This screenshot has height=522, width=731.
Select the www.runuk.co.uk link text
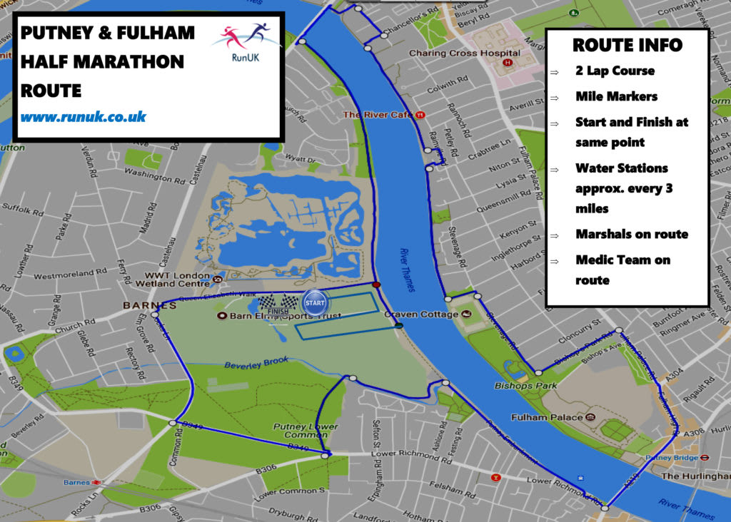coord(84,116)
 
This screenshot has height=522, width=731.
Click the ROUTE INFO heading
coord(627,46)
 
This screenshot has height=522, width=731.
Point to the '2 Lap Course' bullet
coord(615,71)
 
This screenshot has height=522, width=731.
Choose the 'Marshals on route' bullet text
coord(631,234)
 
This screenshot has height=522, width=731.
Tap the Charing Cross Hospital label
coord(464,53)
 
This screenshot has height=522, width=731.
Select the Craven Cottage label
coord(422,314)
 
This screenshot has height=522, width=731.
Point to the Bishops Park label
coord(520,386)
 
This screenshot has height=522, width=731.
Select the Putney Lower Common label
coord(306,431)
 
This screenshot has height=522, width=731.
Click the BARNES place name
coord(130,304)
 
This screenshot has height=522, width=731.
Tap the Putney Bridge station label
coord(671,458)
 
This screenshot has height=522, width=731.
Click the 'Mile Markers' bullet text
coord(617,96)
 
